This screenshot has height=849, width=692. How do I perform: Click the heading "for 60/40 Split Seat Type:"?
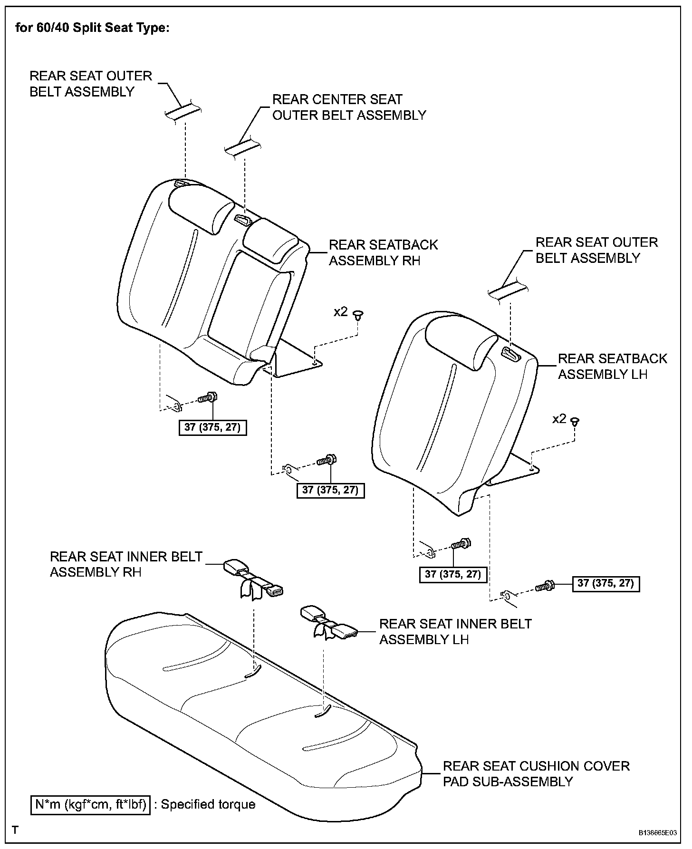click(x=92, y=28)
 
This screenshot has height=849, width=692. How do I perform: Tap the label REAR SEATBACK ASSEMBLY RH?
click(x=383, y=252)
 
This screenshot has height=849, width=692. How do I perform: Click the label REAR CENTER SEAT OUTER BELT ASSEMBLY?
click(x=349, y=107)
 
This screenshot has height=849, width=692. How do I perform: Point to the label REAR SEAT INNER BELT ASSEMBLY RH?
click(x=126, y=564)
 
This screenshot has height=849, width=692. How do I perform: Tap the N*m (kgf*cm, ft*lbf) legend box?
click(x=90, y=804)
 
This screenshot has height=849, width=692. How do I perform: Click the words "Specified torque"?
click(x=208, y=804)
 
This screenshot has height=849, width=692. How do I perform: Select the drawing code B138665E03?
click(x=657, y=833)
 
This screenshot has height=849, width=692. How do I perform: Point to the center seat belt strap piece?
click(x=243, y=146)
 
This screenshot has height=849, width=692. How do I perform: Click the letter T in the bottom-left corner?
click(x=16, y=830)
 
